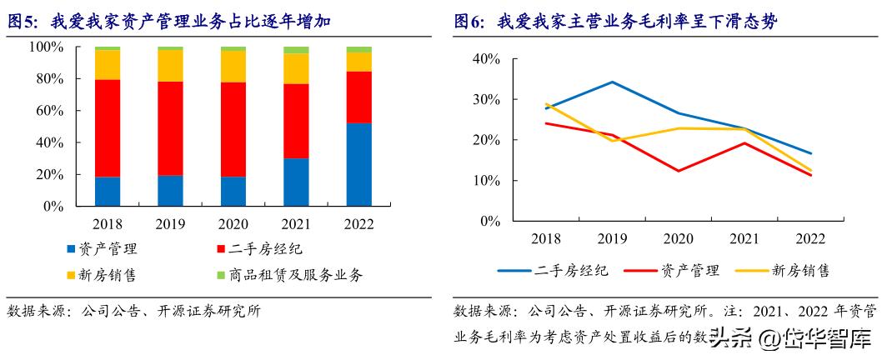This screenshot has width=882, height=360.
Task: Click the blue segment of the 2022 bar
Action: (358, 164)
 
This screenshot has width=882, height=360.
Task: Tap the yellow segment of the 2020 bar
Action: (233, 66)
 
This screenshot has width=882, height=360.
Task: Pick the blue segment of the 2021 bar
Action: (296, 182)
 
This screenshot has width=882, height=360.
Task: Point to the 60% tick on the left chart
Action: (60, 111)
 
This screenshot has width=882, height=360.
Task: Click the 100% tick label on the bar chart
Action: (58, 47)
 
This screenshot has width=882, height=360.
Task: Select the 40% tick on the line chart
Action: (485, 59)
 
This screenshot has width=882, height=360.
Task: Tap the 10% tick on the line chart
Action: (485, 181)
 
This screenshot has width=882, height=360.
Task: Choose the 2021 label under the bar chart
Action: (296, 225)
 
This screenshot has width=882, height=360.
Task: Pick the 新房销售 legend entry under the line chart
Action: (789, 270)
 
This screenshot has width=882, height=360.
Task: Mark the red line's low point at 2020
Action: (679, 171)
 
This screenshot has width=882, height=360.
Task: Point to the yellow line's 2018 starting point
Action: (545, 104)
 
